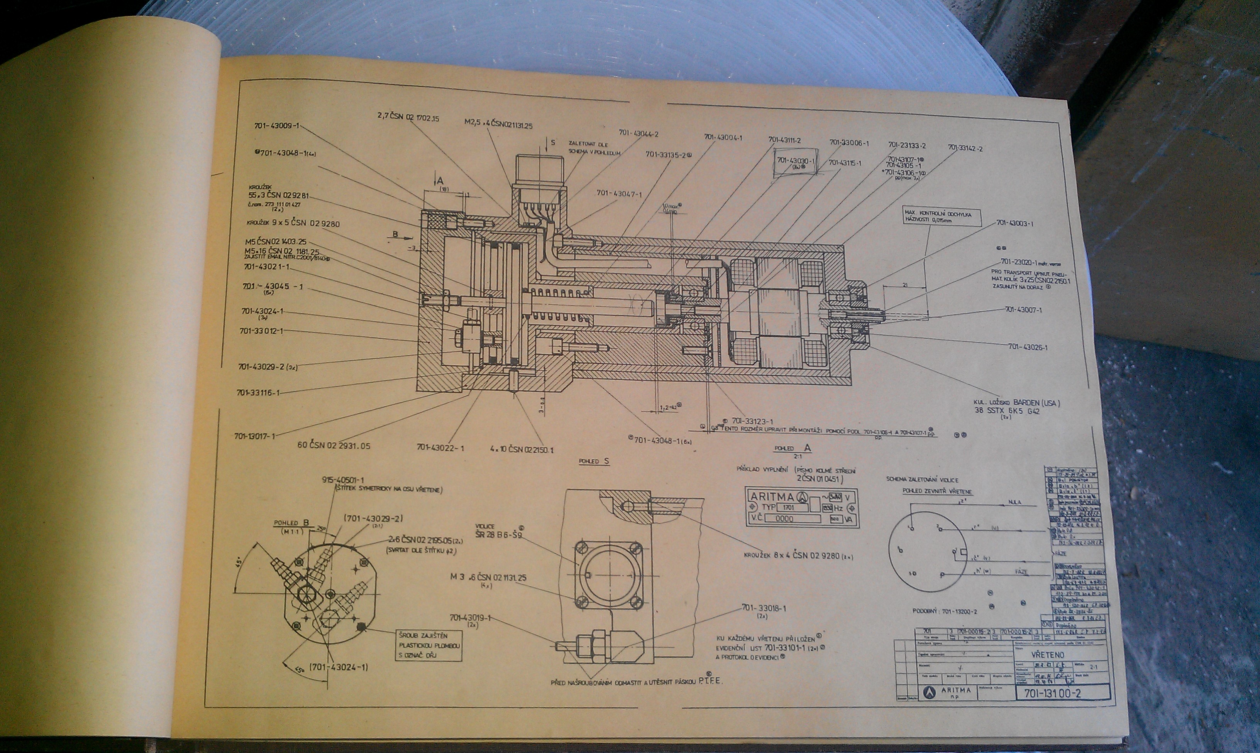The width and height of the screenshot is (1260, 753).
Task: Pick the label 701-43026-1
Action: (x=1028, y=347)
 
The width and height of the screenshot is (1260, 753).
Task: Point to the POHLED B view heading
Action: (x=291, y=523)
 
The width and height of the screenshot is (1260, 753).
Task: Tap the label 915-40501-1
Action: (x=343, y=479)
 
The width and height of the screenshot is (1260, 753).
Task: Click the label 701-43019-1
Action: (x=470, y=618)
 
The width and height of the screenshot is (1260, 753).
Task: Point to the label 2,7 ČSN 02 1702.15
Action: (x=408, y=118)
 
